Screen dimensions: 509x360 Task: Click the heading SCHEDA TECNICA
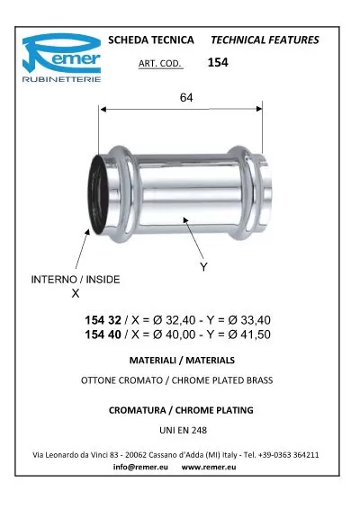click(149, 40)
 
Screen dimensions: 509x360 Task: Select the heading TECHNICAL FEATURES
click(264, 40)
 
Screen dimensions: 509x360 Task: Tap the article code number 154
click(218, 63)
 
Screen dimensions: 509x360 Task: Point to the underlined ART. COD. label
click(162, 64)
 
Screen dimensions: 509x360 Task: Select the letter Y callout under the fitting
click(202, 267)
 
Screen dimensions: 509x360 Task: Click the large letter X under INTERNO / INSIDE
click(75, 293)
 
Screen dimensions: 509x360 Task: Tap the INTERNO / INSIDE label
click(76, 280)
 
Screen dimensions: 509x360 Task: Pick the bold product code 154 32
click(103, 320)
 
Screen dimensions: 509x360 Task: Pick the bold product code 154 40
click(103, 335)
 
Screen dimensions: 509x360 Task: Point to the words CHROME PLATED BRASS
click(225, 380)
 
